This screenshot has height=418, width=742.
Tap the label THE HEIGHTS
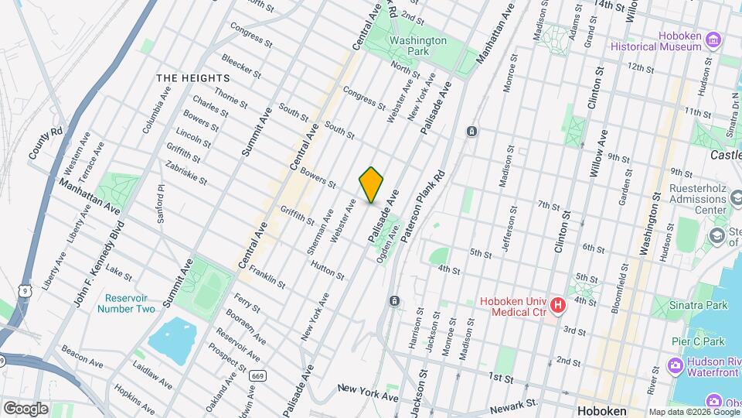pyautogui.click(x=193, y=78)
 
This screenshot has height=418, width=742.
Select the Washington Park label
pyautogui.click(x=418, y=46)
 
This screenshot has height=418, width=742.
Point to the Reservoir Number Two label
pyautogui.click(x=126, y=303)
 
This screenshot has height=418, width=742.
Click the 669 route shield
pyautogui.click(x=258, y=376)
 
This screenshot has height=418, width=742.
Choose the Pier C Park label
pyautogui.click(x=696, y=341)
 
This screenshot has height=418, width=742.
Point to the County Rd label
pyautogui.click(x=46, y=144)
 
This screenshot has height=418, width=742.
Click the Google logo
pyautogui.click(x=25, y=408)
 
